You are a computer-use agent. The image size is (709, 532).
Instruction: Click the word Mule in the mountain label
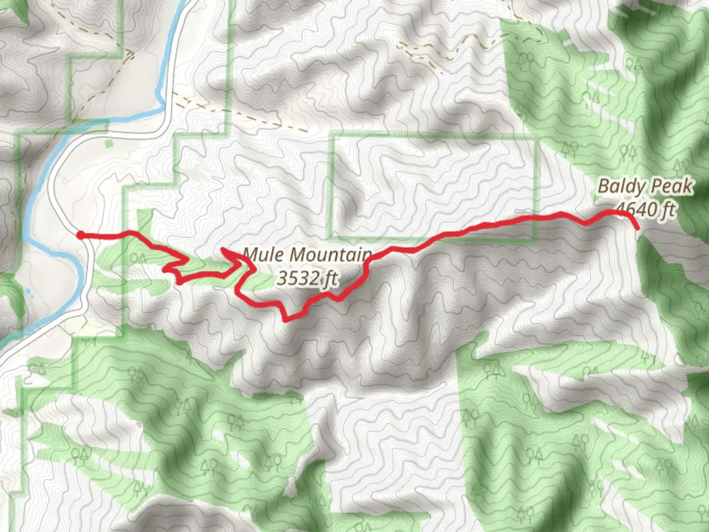click(261, 255)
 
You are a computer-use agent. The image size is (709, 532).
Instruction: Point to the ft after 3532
click(330, 279)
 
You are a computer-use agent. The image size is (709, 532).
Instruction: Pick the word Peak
click(671, 187)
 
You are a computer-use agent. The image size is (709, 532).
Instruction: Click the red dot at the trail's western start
click(80, 235)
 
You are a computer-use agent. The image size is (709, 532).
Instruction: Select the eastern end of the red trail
click(638, 228)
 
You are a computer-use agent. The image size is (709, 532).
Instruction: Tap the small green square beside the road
click(108, 144)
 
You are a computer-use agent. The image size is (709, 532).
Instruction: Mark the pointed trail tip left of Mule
click(224, 250)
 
